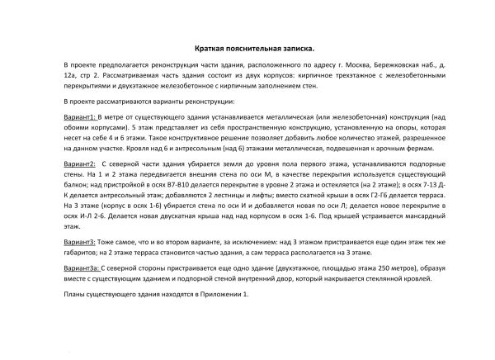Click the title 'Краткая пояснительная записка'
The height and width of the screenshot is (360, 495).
coord(247,49)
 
